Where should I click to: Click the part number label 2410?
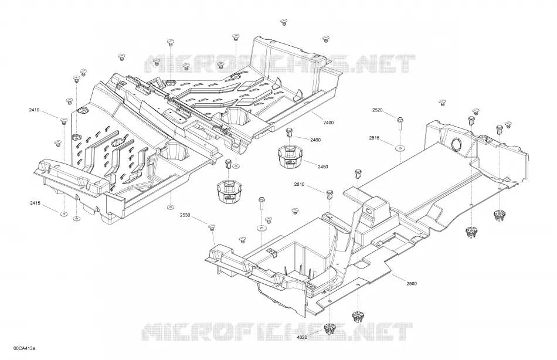tap(34, 110)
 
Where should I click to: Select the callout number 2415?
tap(35, 203)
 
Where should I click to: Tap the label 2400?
tap(328, 123)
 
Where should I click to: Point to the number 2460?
tap(315, 140)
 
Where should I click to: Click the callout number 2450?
tap(322, 167)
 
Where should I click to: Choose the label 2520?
tap(377, 110)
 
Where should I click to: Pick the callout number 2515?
tap(374, 138)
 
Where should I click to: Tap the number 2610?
tap(299, 184)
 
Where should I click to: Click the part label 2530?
tap(185, 215)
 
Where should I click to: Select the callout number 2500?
tap(412, 284)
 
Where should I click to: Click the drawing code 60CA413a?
tap(24, 348)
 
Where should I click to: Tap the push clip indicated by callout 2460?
tap(290, 133)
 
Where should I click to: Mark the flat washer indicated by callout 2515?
tap(400, 148)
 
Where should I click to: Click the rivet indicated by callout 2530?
tap(212, 227)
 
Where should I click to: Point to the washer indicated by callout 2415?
tap(64, 213)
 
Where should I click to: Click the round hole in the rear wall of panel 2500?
tap(456, 144)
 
